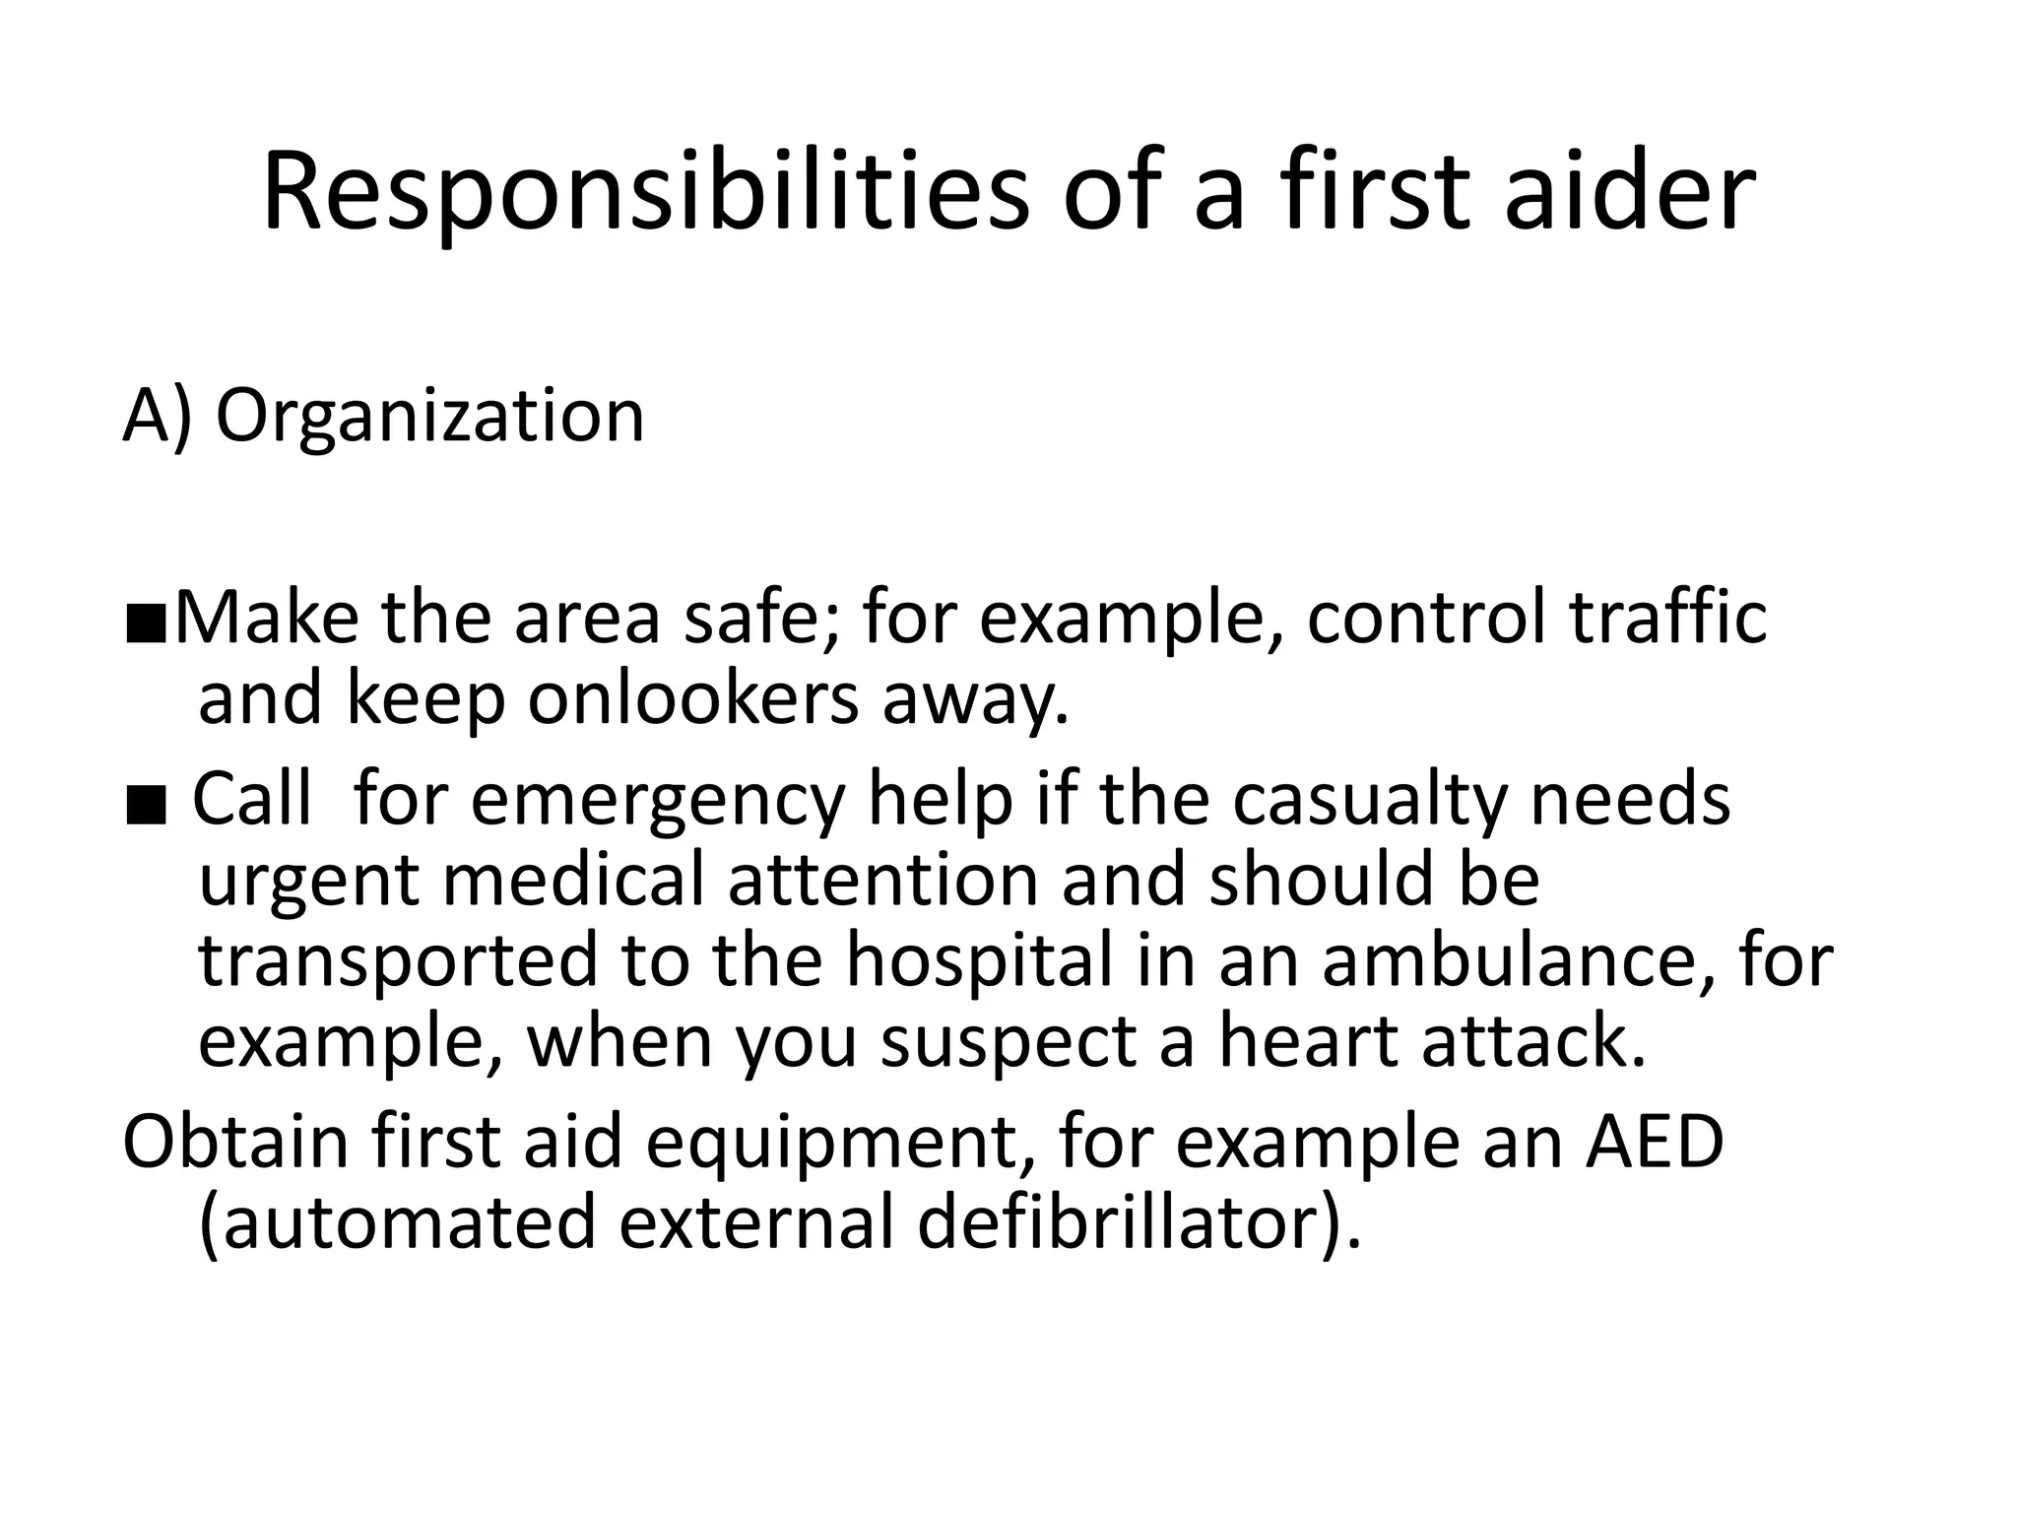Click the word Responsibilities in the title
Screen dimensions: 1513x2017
(645, 193)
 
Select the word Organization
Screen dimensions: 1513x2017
(429, 416)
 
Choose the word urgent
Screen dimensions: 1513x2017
(309, 882)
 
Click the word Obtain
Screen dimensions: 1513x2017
(236, 1142)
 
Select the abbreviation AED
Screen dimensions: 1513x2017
(1654, 1142)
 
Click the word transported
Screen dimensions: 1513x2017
(398, 963)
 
